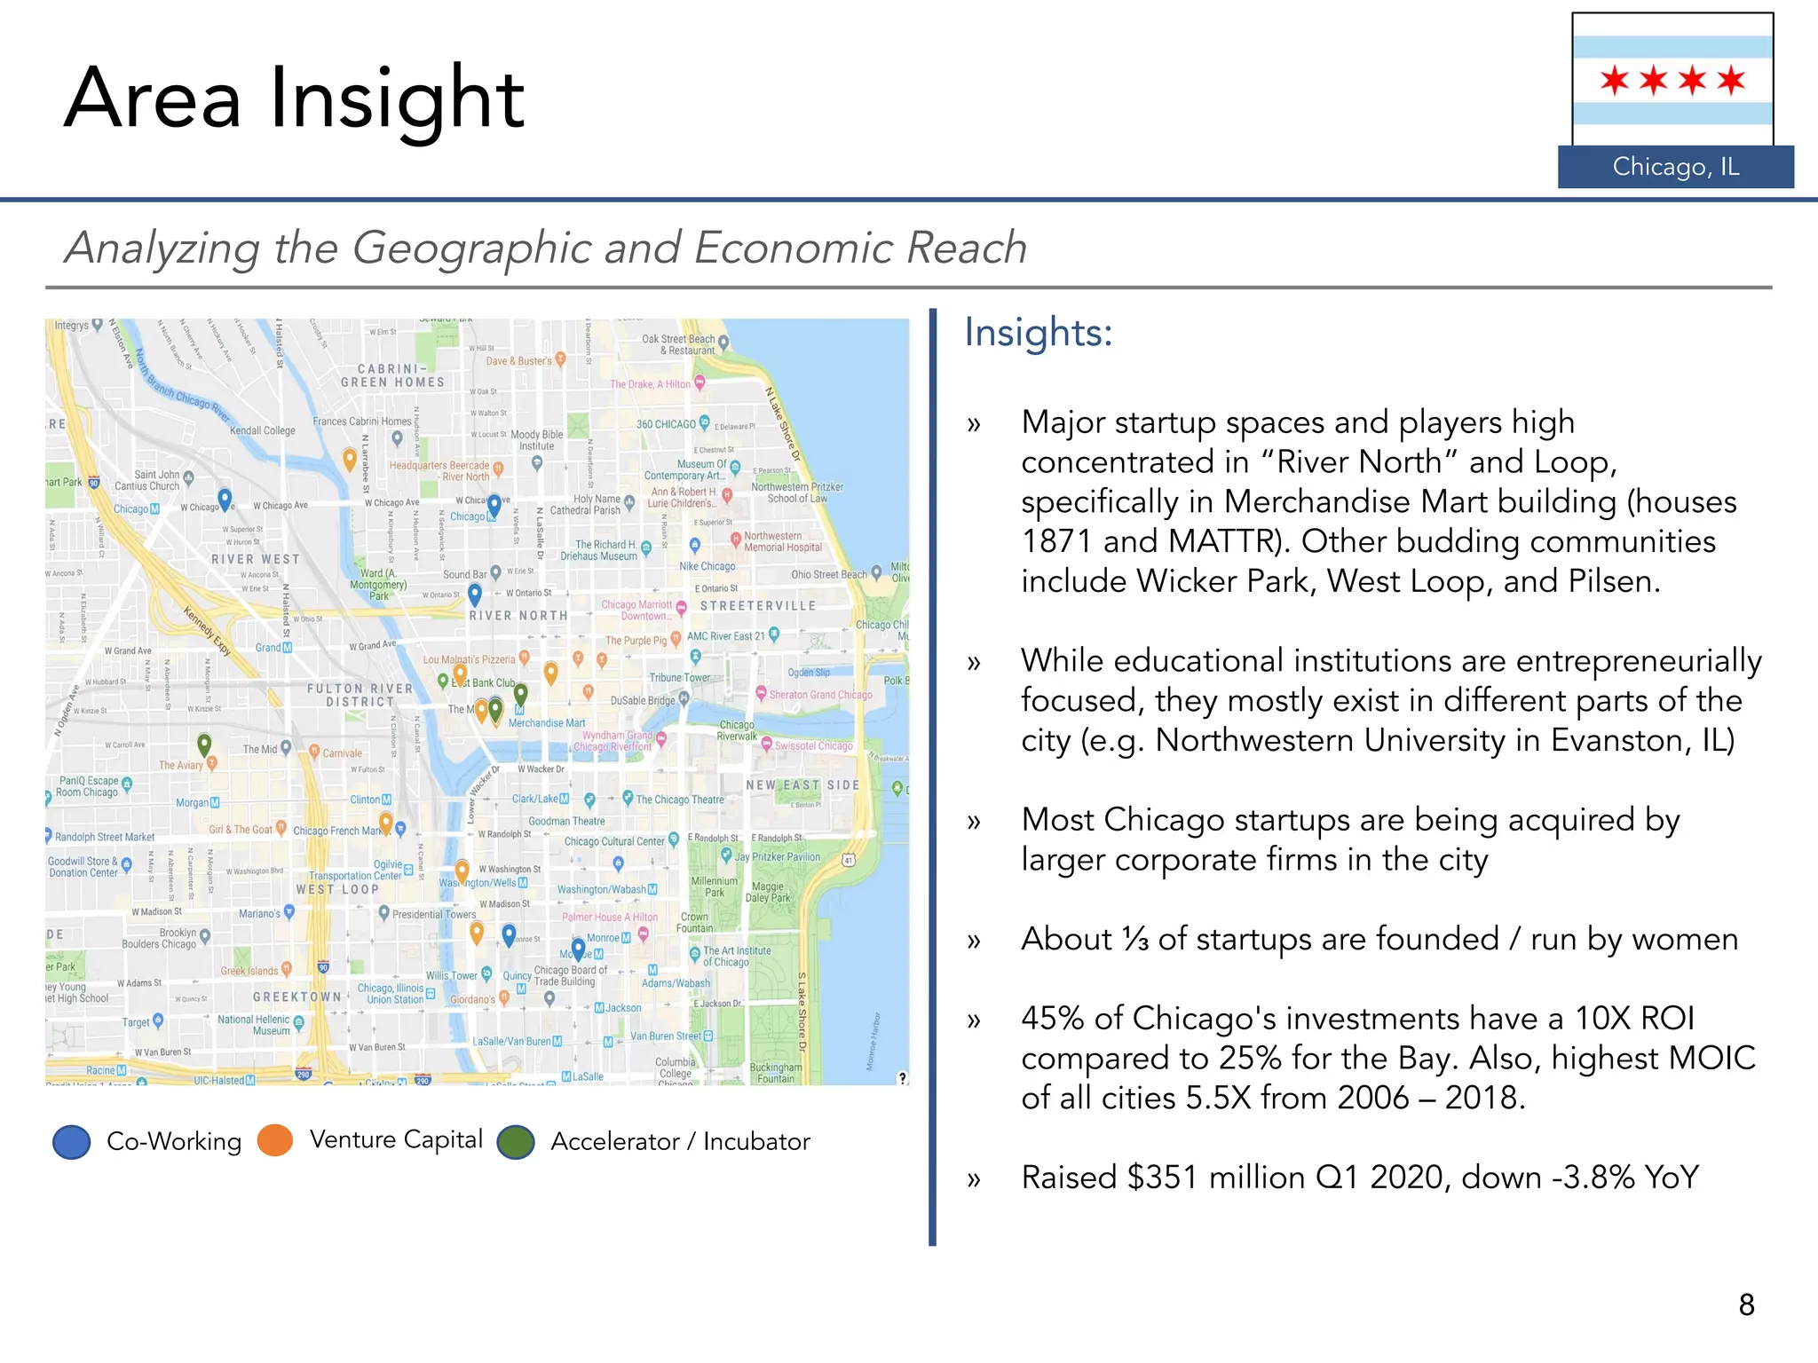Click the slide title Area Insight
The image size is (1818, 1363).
pos(294,99)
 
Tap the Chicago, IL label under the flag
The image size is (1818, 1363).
pos(1675,167)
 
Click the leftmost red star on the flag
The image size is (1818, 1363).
pos(1614,81)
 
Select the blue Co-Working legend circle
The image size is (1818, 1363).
pos(72,1141)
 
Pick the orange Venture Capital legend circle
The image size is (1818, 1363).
pos(275,1140)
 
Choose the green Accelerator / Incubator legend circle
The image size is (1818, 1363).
pos(516,1142)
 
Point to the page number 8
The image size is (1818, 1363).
pos(1746,1304)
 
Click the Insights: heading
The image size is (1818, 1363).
pos(1038,333)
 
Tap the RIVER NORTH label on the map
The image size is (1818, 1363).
pos(518,615)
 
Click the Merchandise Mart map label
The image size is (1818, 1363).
pos(547,723)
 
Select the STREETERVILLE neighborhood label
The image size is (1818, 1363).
pos(757,606)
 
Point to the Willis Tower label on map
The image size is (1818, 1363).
pos(451,975)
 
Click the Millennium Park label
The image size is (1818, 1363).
pos(714,886)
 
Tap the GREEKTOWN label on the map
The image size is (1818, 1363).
pos(296,997)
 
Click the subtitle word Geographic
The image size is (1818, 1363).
pos(471,248)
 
